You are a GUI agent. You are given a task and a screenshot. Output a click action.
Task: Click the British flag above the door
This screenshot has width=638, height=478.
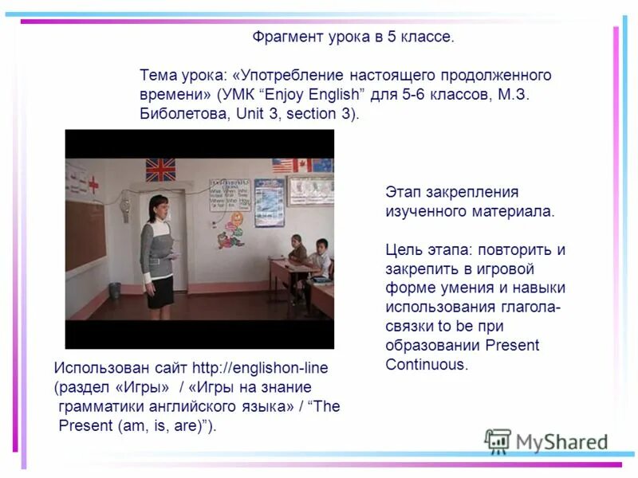coord(160,169)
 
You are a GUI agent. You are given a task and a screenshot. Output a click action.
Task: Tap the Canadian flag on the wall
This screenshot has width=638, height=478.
coord(301,165)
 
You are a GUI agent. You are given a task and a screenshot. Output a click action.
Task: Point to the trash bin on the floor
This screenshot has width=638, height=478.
coord(116,290)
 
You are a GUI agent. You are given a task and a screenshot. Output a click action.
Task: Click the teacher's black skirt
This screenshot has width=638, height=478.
coord(159,291)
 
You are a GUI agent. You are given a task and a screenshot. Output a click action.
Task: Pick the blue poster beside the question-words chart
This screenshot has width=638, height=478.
coord(269,202)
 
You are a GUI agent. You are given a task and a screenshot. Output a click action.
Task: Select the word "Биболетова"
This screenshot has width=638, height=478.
coord(179,113)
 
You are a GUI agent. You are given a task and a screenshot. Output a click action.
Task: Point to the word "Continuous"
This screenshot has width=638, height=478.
coord(426,364)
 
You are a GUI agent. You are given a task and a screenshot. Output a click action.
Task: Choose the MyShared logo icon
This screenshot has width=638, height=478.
coord(498,441)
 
